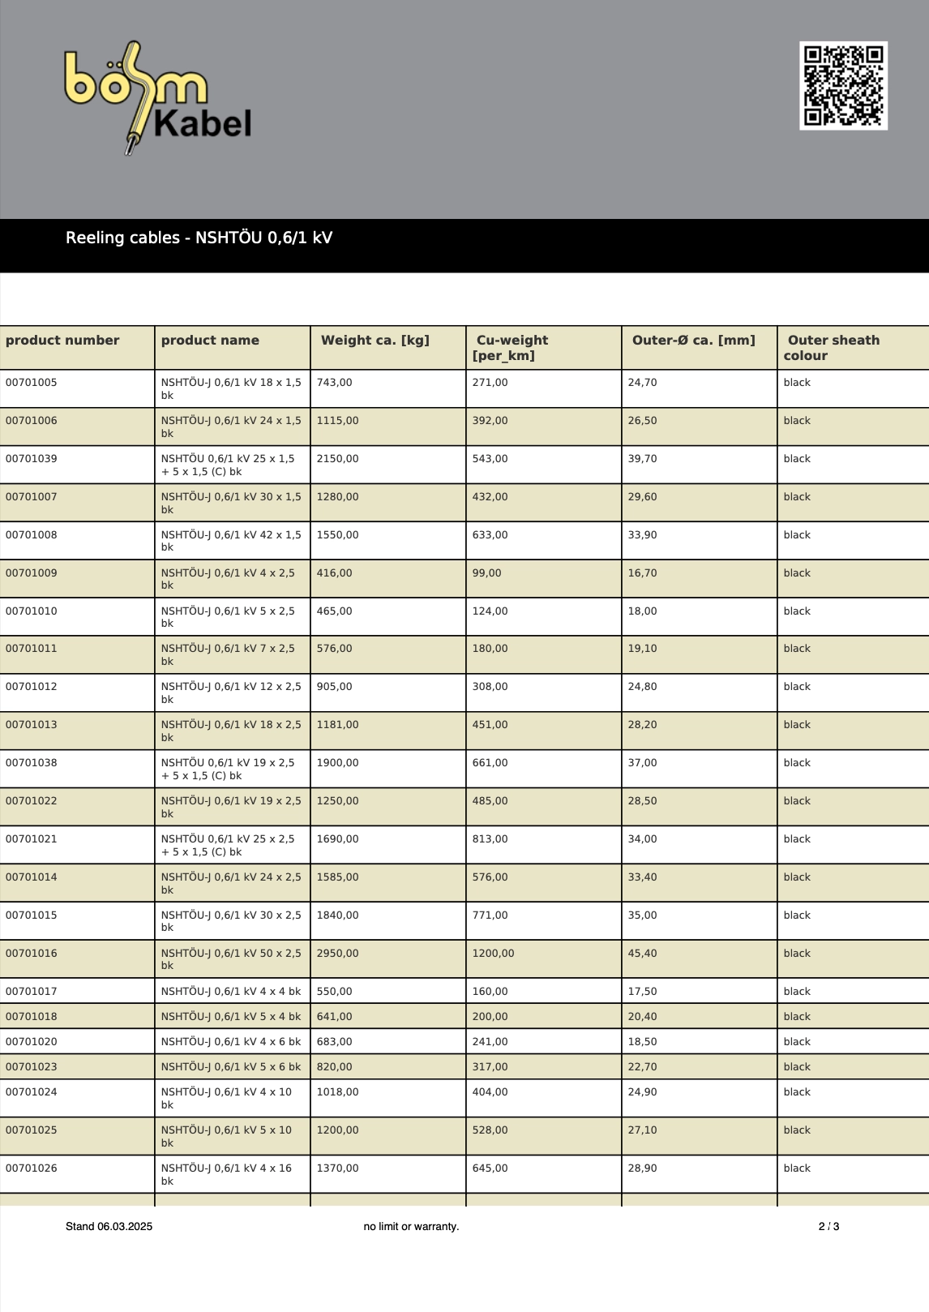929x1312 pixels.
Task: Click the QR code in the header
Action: tap(843, 86)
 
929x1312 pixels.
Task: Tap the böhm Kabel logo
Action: tap(158, 97)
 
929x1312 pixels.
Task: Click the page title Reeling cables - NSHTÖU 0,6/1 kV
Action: tap(199, 238)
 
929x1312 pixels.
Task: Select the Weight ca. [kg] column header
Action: tap(375, 341)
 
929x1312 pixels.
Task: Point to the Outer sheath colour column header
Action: tap(833, 348)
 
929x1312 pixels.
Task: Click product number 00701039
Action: tap(32, 459)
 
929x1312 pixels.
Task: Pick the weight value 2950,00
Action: tap(337, 954)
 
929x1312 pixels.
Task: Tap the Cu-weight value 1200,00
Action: tap(493, 954)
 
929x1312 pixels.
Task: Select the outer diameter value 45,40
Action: tap(642, 954)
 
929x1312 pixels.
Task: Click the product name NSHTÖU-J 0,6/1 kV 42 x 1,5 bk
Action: tap(230, 541)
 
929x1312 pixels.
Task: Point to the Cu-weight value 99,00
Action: tap(486, 573)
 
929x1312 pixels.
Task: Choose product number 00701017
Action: tap(32, 992)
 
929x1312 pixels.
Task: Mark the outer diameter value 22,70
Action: tap(642, 1067)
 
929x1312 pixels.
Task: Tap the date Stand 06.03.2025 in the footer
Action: tap(109, 1226)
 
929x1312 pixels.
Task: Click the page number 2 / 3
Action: tap(828, 1226)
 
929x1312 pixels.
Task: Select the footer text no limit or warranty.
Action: tap(411, 1226)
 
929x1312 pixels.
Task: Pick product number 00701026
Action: tap(32, 1168)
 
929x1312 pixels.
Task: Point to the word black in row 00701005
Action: tap(797, 383)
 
